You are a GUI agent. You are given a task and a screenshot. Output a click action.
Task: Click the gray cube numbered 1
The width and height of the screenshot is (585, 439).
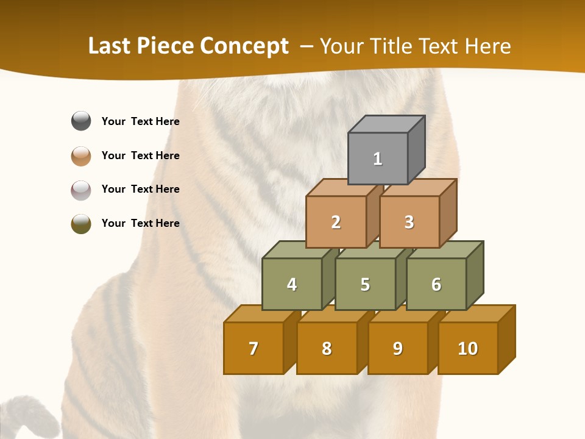[x=378, y=159]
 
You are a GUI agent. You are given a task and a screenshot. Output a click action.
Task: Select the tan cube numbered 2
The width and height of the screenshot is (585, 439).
[x=336, y=222]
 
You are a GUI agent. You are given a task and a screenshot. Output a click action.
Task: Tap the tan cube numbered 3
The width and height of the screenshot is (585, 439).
[x=409, y=222]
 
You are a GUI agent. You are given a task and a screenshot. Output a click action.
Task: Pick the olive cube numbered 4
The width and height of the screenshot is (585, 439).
[x=292, y=284]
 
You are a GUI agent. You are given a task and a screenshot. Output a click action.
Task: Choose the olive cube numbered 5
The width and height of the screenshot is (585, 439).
[x=365, y=284]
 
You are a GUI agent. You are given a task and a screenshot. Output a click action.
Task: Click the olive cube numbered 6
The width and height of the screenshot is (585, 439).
[x=436, y=284]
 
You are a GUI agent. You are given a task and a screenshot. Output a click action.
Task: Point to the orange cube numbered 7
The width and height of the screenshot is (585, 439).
[x=253, y=348]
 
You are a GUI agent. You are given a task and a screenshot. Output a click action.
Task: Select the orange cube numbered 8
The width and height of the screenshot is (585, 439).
[x=327, y=348]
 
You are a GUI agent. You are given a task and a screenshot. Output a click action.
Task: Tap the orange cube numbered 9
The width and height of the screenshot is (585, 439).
[x=398, y=348]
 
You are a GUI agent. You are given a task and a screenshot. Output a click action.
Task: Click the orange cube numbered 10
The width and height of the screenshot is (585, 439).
[x=468, y=348]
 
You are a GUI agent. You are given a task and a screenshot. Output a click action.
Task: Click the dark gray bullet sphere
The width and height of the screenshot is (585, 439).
[x=81, y=121]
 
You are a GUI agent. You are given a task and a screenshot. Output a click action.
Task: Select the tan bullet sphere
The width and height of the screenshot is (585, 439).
[x=81, y=155]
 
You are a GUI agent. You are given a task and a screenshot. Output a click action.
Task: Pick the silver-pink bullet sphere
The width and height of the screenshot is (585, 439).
[x=81, y=190]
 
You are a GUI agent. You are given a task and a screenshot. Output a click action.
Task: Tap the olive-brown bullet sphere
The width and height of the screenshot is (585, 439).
[x=81, y=224]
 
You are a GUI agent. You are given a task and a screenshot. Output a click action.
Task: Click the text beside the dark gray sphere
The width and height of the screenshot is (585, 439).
[x=141, y=121]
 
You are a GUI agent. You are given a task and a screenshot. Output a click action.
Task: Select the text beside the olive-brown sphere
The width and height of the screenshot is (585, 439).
[x=141, y=223]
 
